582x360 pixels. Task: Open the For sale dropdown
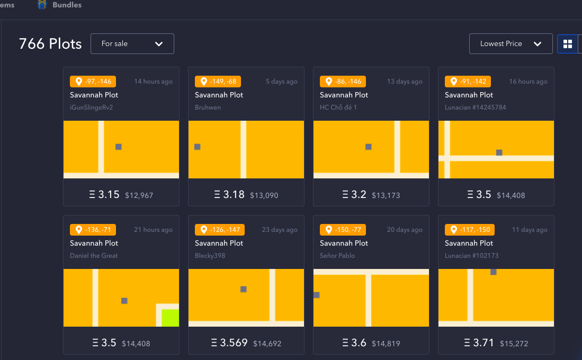pos(132,44)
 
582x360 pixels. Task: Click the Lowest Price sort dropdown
pos(511,44)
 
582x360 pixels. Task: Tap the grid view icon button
pos(568,44)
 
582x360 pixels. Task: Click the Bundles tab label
pos(67,5)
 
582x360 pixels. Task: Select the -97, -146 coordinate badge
pos(93,82)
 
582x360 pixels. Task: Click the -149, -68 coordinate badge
pos(218,82)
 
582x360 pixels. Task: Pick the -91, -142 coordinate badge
pos(468,82)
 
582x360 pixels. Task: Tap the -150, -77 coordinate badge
pos(343,230)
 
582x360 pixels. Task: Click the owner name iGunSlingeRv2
pos(91,107)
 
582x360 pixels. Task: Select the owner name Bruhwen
pos(208,107)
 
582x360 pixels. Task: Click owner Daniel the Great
pos(94,256)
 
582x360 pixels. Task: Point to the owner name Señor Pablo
pos(337,256)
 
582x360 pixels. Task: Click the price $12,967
pos(139,195)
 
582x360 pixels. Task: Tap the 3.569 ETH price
pos(229,343)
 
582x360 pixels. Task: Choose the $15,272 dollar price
pos(514,344)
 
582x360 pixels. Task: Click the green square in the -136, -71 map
pos(171,318)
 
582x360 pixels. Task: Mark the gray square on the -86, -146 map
pos(368,147)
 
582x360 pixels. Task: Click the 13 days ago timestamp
pos(405,82)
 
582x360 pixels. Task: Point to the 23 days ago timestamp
pos(280,230)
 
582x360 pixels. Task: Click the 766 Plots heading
pos(50,44)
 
